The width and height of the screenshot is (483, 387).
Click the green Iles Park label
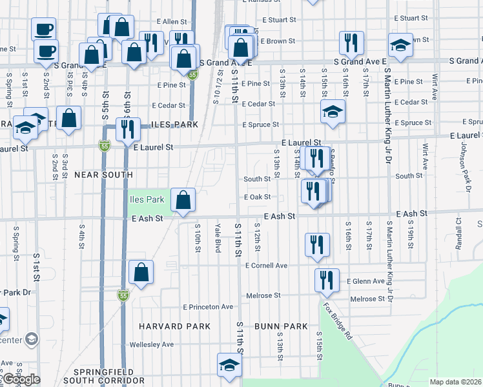(x=147, y=200)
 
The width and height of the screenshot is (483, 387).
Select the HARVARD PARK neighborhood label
(x=174, y=327)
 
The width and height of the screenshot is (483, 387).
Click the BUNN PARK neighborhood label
(x=281, y=327)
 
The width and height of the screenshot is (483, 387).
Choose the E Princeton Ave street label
(x=208, y=307)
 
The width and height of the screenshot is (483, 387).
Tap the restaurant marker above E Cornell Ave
(x=316, y=245)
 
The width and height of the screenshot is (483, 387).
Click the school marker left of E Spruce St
(x=333, y=112)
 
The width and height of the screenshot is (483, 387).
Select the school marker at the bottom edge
(x=229, y=366)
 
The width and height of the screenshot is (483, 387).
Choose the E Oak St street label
(x=257, y=197)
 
